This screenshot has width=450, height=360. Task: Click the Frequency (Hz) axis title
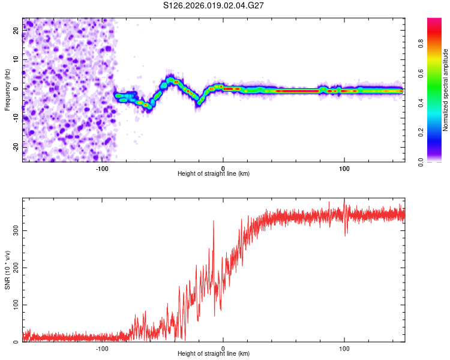tap(7, 90)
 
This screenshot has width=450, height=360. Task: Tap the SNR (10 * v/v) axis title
tap(7, 270)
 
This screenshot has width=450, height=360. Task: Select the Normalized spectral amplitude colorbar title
tap(446, 90)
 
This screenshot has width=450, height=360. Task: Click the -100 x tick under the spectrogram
tap(102, 168)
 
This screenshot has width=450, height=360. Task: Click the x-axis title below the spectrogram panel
tap(214, 174)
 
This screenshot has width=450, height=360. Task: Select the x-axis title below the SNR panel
tap(214, 354)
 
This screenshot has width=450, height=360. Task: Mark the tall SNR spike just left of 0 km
tap(213, 222)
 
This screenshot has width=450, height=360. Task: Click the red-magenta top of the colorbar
tap(435, 21)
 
